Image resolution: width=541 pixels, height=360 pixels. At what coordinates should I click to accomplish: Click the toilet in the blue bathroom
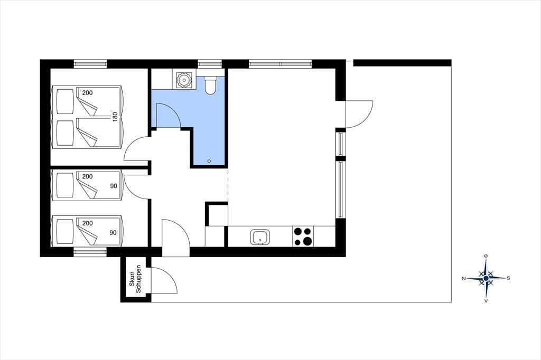[210, 85]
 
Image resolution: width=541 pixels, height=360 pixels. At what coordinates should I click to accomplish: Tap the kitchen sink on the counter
[260, 237]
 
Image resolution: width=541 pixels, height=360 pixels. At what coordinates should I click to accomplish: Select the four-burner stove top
[303, 236]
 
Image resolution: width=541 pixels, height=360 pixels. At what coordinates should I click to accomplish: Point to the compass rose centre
[486, 278]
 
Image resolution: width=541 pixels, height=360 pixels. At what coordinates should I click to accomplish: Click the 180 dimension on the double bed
[115, 117]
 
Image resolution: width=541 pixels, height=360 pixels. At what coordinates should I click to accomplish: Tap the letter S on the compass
[508, 278]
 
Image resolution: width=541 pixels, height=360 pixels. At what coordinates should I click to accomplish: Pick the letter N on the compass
[464, 278]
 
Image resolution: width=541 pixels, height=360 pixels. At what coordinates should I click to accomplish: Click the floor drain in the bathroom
[209, 161]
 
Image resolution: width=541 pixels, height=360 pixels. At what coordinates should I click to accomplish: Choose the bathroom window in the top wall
[209, 64]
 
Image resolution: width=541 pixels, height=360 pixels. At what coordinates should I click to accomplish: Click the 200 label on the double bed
[88, 93]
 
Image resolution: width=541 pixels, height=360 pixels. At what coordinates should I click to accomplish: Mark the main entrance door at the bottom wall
[175, 238]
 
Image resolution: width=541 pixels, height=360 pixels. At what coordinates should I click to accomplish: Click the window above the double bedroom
[90, 64]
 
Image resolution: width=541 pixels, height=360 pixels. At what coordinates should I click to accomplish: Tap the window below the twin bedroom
[90, 252]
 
